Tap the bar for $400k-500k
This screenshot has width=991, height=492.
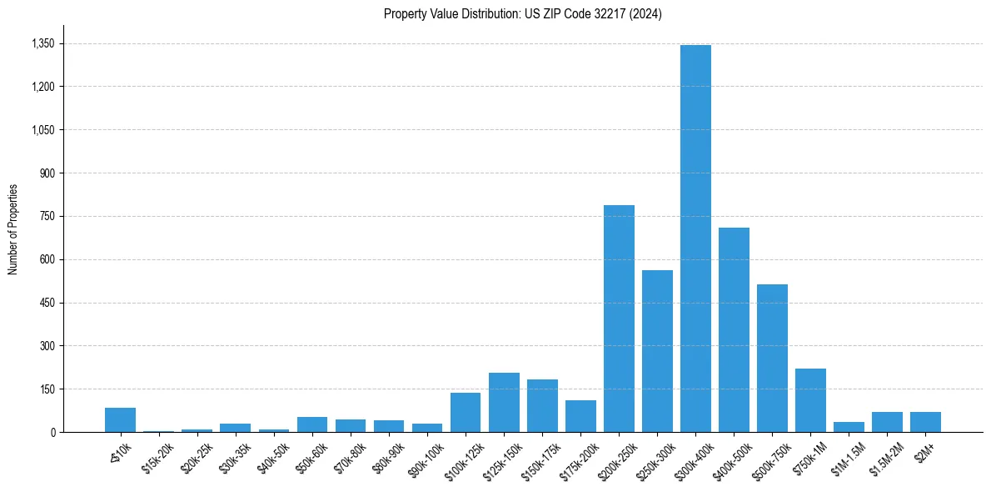734,329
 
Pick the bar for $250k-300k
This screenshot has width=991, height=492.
657,351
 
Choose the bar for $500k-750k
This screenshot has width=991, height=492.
772,358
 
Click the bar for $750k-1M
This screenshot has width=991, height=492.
810,400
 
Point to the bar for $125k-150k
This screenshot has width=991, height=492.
504,402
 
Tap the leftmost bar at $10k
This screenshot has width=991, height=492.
120,419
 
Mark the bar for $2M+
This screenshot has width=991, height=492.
925,422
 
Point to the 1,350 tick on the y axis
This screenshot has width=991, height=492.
42,43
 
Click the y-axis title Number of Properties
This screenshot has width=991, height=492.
12,229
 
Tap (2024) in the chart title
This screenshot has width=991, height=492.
645,13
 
